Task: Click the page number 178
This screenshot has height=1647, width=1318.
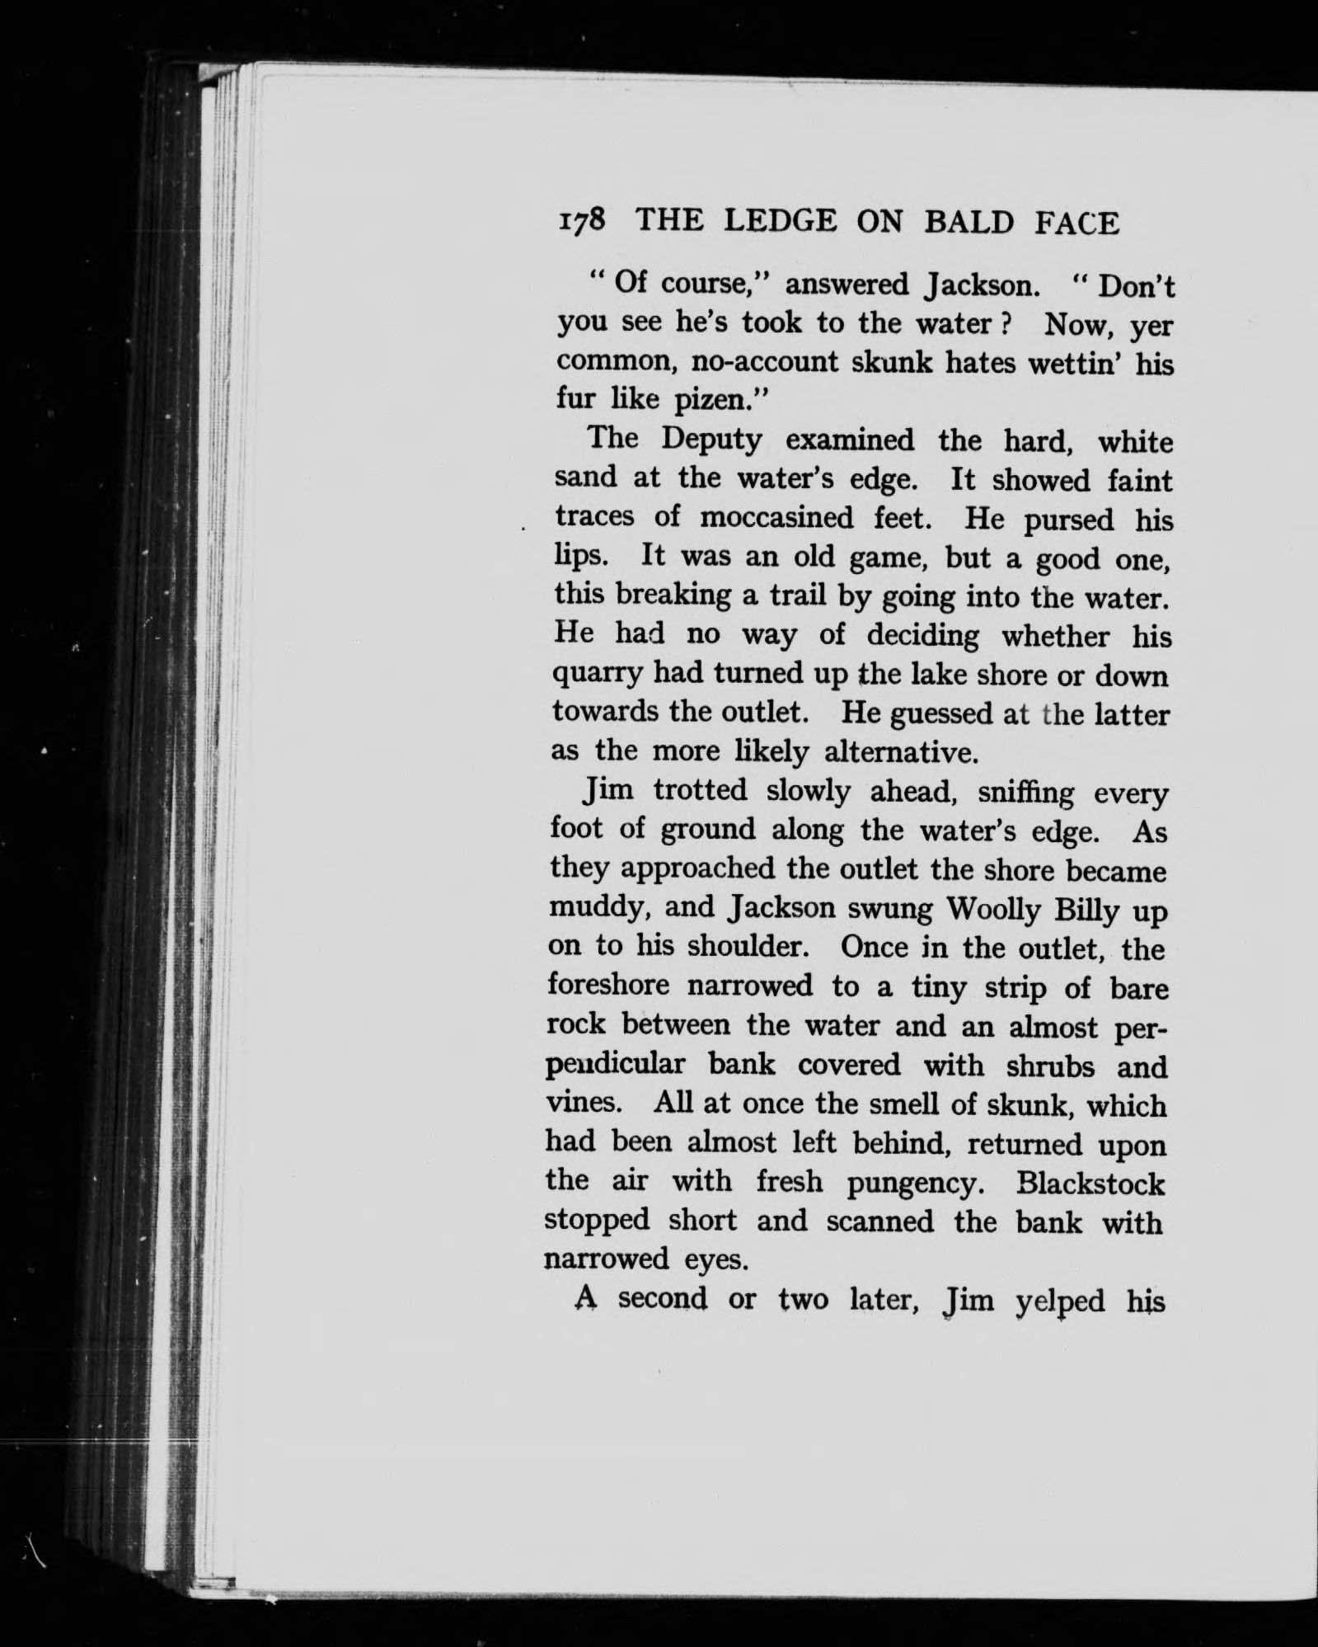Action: pos(583,222)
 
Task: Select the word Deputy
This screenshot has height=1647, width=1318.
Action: pos(712,440)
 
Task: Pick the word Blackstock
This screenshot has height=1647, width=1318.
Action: pos(1091,1183)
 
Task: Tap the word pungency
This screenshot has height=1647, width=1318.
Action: pos(915,1184)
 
